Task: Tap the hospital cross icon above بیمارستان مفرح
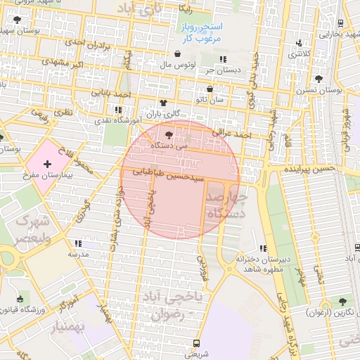[x=47, y=163]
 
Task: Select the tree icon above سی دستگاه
[x=169, y=135]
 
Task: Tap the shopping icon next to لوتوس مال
[x=176, y=54]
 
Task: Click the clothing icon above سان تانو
[x=212, y=89]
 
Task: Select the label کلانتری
[x=300, y=53]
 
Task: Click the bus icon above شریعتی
[x=196, y=344]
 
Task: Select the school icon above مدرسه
[x=77, y=243]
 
